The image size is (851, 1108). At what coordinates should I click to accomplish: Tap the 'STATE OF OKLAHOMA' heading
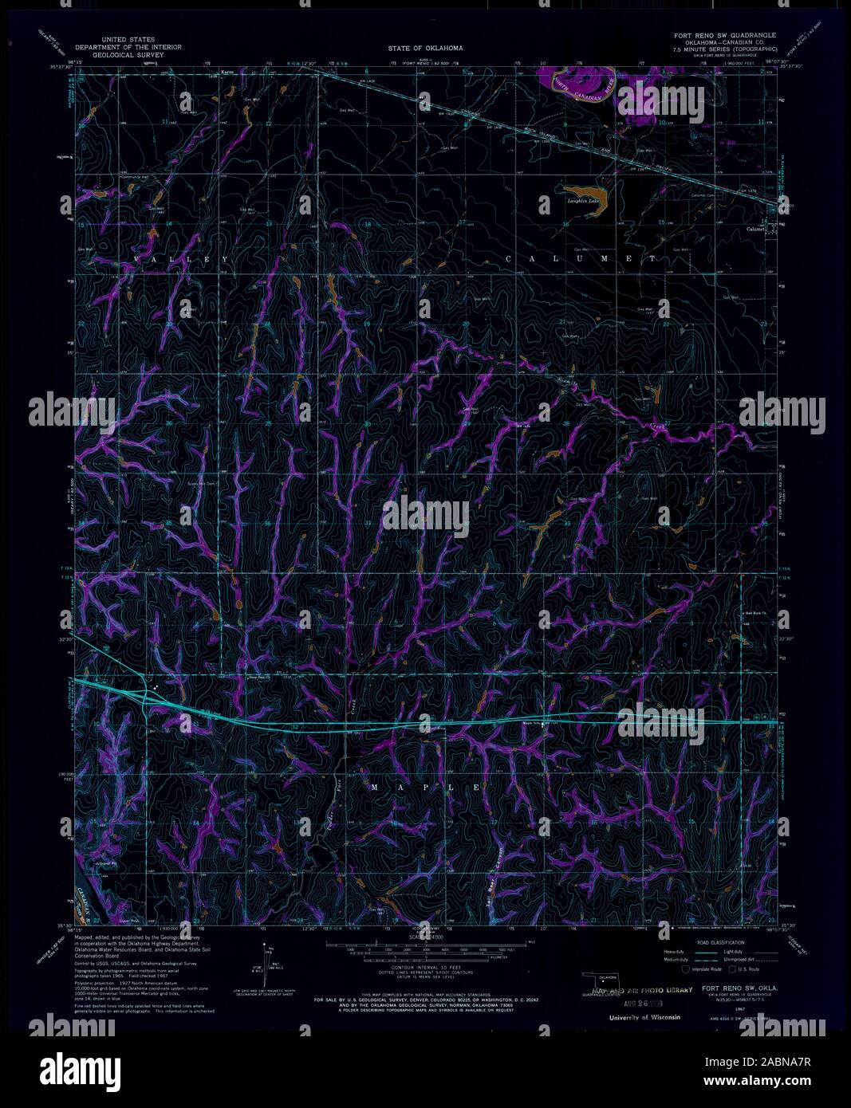tap(425, 49)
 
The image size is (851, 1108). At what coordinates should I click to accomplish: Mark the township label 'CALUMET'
tap(581, 259)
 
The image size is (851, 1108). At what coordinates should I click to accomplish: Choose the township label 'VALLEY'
tap(183, 260)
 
